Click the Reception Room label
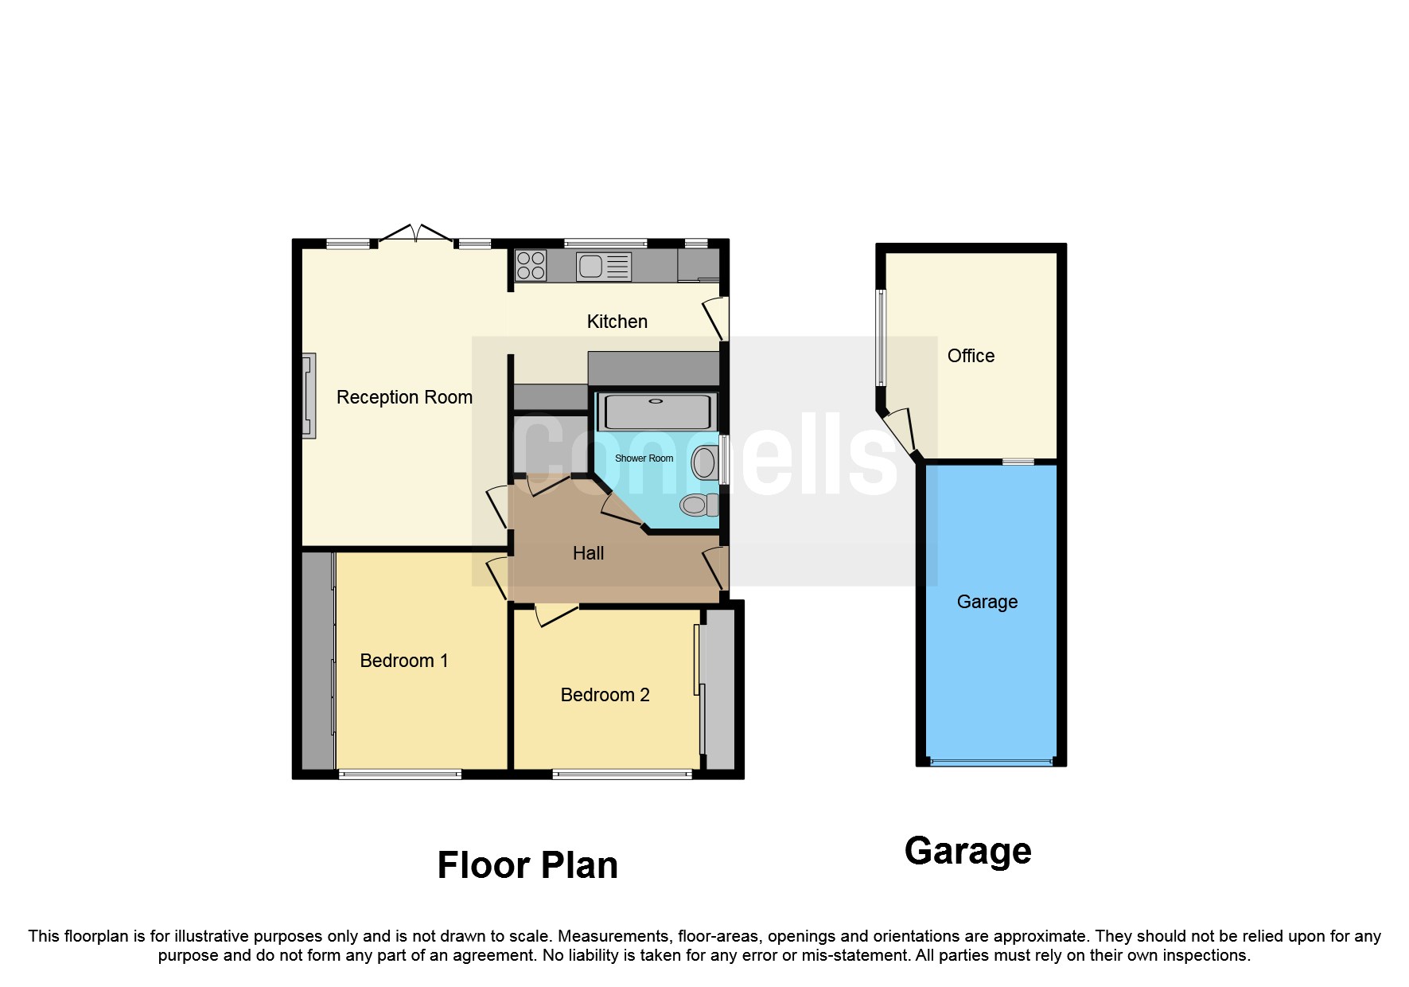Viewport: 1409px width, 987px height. (404, 397)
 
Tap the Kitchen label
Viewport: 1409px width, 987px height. (617, 322)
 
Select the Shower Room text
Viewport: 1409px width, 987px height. (644, 458)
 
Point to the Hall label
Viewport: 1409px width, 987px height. (588, 553)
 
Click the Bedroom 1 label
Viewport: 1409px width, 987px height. (403, 661)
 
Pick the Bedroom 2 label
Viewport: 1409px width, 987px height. (605, 695)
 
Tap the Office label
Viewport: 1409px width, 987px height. (971, 356)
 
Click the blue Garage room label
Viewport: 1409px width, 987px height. (987, 602)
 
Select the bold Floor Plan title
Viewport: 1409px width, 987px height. (527, 865)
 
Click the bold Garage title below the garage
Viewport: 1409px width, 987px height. (967, 851)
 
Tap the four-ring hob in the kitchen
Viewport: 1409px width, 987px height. (531, 266)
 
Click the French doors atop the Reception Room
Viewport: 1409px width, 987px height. (415, 234)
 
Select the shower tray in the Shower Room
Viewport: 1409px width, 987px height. (656, 412)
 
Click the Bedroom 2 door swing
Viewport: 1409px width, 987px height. (555, 614)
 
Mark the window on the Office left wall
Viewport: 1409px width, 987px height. (881, 337)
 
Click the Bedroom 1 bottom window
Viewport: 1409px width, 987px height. (400, 774)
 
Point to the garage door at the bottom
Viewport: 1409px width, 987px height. (991, 763)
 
